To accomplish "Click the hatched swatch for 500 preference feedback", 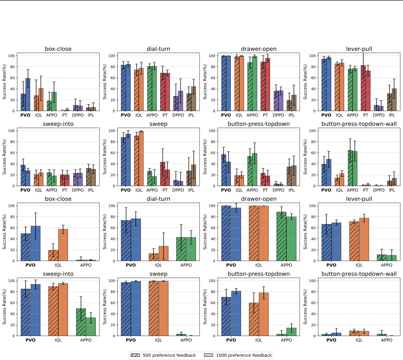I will tap(135, 355).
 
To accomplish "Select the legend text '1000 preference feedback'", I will tap(244, 355).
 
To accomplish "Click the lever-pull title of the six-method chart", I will tap(359, 49).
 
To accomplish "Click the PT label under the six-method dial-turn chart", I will tap(165, 115).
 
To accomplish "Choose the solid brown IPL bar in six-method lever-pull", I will tap(394, 100).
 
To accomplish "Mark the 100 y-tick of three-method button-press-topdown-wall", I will tap(312, 281).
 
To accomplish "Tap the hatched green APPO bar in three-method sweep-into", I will tap(81, 322).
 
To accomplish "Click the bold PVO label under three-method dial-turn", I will tap(131, 265).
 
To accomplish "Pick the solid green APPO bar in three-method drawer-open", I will tap(291, 239).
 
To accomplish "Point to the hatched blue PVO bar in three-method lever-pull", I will tap(326, 243).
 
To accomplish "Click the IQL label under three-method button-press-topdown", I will tap(259, 340).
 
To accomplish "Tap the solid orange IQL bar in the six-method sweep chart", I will tap(141, 159).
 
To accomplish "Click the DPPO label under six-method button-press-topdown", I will tap(278, 190).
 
